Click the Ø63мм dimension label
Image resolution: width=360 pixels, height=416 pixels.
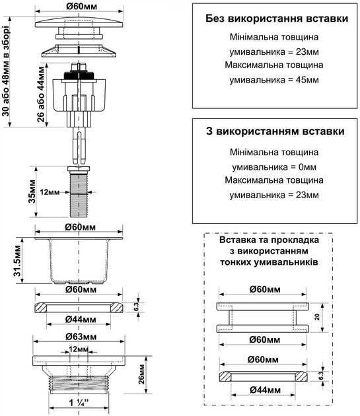click(x=80, y=336)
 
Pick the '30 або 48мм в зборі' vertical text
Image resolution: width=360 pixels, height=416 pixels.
click(x=7, y=69)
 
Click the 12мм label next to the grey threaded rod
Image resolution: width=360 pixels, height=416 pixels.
click(x=50, y=191)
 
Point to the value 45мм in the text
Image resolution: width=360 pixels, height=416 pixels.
click(x=307, y=80)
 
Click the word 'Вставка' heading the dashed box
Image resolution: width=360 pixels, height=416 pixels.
click(x=234, y=240)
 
